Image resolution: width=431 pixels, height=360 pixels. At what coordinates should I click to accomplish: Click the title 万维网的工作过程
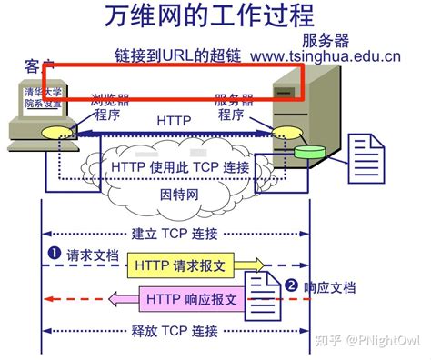click(215, 19)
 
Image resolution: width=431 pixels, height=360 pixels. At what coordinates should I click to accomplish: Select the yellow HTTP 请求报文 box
click(194, 265)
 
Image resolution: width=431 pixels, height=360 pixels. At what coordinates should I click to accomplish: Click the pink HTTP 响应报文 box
click(194, 297)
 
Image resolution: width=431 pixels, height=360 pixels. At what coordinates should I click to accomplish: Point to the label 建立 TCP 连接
click(175, 234)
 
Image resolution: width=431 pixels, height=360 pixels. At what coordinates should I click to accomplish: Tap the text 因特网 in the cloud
click(175, 194)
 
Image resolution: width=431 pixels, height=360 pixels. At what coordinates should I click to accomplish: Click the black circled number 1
click(52, 255)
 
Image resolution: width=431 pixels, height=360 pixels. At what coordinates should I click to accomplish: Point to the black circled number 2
click(291, 285)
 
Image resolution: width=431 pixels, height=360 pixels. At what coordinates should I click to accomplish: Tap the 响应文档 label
click(330, 287)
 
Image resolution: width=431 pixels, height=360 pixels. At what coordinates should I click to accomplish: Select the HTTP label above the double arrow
click(174, 119)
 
